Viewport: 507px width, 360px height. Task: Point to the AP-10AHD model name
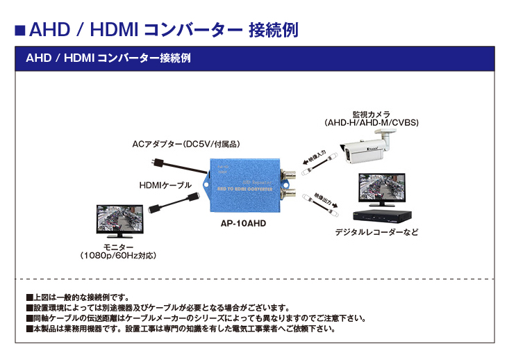point(243,224)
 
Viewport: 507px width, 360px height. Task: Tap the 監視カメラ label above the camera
point(371,114)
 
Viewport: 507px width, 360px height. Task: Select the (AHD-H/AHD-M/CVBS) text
point(371,123)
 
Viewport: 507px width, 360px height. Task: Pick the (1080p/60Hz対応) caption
point(117,256)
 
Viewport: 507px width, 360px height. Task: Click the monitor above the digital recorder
point(379,188)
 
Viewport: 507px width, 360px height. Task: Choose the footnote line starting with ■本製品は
point(180,329)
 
